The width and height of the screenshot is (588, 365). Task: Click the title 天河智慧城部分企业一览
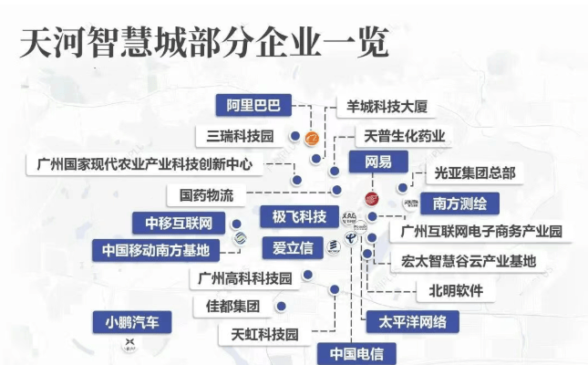click(203, 43)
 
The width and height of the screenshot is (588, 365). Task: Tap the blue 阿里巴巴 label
click(253, 106)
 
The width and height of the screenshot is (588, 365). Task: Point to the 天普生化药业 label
click(404, 136)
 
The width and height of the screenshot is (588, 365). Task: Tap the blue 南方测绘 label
click(459, 203)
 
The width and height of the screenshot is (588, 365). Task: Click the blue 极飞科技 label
click(293, 217)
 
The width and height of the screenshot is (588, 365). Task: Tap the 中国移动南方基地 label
click(156, 250)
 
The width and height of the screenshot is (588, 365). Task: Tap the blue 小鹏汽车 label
click(132, 321)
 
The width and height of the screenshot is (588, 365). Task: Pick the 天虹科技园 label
click(264, 335)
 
